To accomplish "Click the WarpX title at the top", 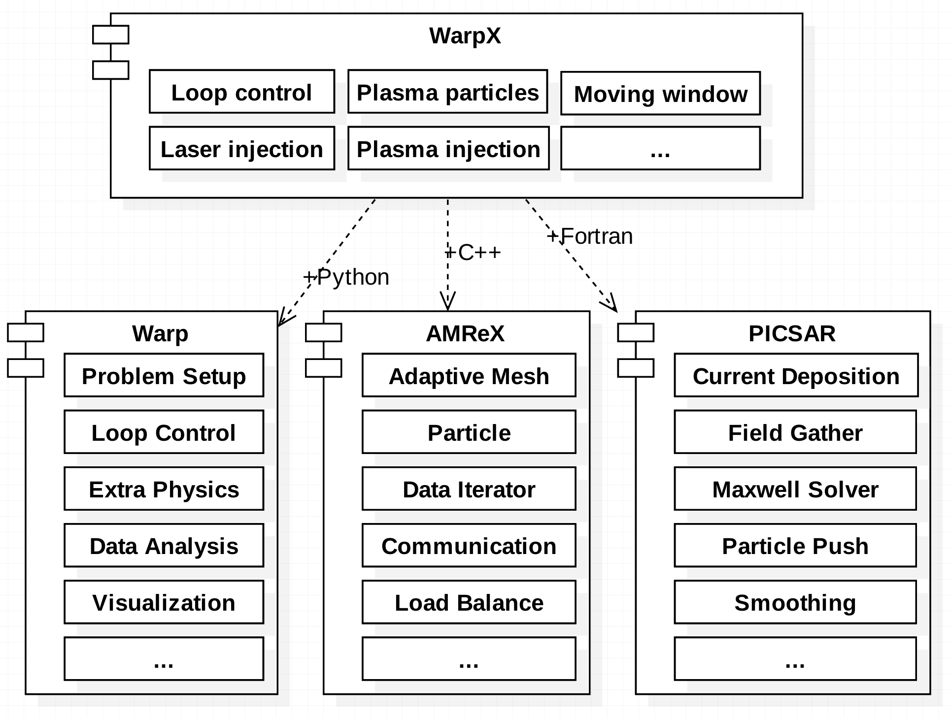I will tap(465, 36).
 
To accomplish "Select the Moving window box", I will tap(660, 94).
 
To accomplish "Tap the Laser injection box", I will tap(241, 149).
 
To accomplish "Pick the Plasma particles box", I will tap(447, 92).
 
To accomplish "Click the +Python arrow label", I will tap(346, 277).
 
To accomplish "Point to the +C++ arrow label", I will tap(473, 253).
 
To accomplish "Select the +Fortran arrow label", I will tap(590, 236).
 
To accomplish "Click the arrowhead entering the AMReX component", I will tap(447, 302).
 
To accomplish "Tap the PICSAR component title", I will tap(792, 333).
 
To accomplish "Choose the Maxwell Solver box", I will tap(795, 489).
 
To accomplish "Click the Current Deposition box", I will tap(796, 376).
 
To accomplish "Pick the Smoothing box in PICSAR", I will tap(795, 602).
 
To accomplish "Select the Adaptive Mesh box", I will tap(469, 376).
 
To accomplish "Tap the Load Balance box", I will tap(469, 602).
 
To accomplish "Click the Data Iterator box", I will tap(469, 489).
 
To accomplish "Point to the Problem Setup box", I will tap(164, 376).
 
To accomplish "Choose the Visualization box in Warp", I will tap(164, 602).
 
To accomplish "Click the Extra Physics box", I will tap(164, 489).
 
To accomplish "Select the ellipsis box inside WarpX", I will tap(660, 149).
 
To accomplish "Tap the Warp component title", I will tap(160, 333).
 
